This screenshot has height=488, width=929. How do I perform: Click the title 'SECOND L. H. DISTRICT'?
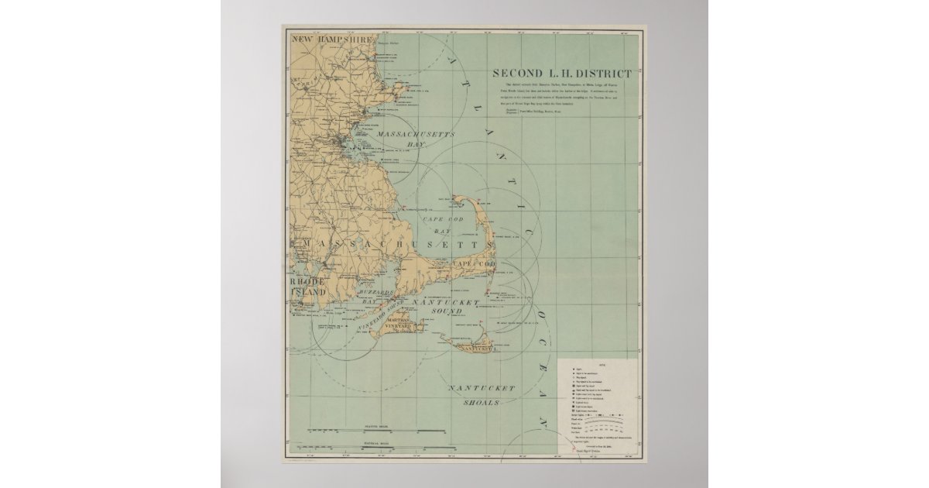(562, 74)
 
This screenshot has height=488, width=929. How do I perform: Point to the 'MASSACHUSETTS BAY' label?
(415, 139)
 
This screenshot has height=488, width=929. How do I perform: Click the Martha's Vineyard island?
(395, 326)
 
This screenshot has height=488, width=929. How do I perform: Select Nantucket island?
(472, 344)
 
